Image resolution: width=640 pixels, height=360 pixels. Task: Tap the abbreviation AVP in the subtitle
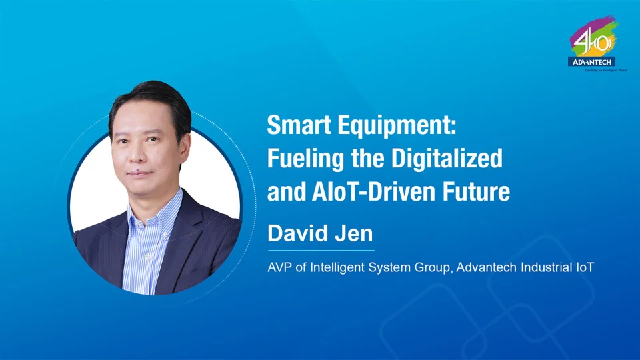(x=279, y=267)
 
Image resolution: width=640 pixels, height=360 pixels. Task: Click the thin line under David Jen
(x=320, y=251)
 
